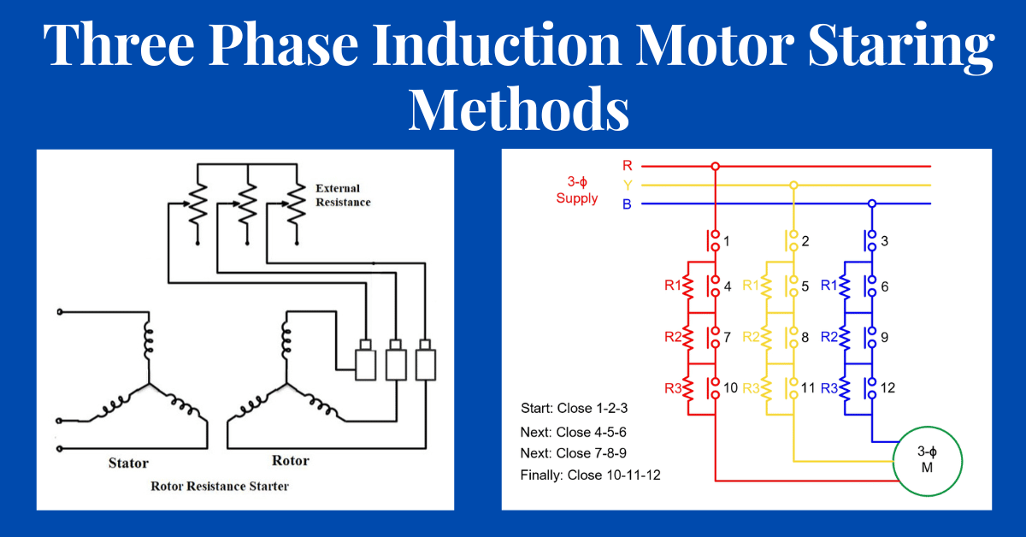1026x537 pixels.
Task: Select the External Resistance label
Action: click(x=343, y=195)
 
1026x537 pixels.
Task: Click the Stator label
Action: click(x=128, y=463)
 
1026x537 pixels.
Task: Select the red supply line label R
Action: click(x=628, y=166)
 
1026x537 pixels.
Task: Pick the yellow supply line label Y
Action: click(x=628, y=185)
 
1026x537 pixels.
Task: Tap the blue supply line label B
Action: click(x=628, y=204)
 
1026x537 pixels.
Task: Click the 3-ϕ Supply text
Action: click(x=577, y=191)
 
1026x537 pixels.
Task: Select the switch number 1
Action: click(x=727, y=241)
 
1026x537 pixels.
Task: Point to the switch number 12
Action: click(x=887, y=388)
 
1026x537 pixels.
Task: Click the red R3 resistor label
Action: click(x=675, y=388)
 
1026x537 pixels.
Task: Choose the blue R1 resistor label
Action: click(x=831, y=286)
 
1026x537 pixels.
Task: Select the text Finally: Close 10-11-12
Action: click(x=590, y=475)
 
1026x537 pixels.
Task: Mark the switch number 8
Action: click(x=805, y=337)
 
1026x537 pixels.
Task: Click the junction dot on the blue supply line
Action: click(x=872, y=204)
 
